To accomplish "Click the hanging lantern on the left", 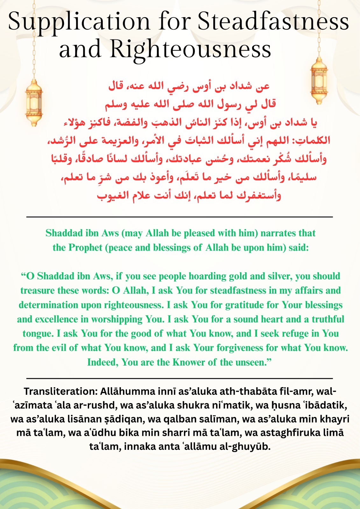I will (34, 102).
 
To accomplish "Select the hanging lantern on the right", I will (319, 81).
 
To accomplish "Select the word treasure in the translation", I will (37, 290).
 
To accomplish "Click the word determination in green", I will (48, 305).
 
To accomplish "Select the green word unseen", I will (254, 362).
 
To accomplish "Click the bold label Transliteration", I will (60, 391).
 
